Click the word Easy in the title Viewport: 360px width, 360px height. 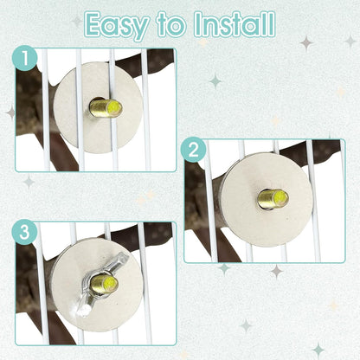pyautogui.click(x=117, y=25)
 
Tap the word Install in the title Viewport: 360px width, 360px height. pyautogui.click(x=235, y=23)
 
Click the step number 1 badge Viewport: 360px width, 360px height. pyautogui.click(x=25, y=58)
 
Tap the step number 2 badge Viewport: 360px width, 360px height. pyautogui.click(x=194, y=150)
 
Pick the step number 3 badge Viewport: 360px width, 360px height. pyautogui.click(x=25, y=232)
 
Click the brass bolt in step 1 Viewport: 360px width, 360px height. pyautogui.click(x=106, y=108)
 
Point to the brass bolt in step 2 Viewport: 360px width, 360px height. pyautogui.click(x=273, y=198)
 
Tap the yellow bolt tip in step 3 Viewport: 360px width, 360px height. pyautogui.click(x=111, y=282)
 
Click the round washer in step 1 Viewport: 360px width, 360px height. pyautogui.click(x=98, y=107)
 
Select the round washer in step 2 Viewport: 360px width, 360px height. pyautogui.click(x=266, y=200)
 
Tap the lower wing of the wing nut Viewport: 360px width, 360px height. pyautogui.click(x=84, y=305)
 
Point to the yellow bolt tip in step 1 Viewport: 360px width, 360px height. pyautogui.click(x=114, y=108)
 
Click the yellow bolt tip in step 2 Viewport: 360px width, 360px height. pyautogui.click(x=281, y=198)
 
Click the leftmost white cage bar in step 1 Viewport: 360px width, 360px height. pyautogui.click(x=46, y=110)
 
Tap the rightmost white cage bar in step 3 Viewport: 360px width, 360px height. pyautogui.click(x=145, y=283)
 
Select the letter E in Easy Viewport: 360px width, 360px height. pyautogui.click(x=94, y=23)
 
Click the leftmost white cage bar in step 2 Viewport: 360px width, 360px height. pyautogui.click(x=210, y=201)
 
